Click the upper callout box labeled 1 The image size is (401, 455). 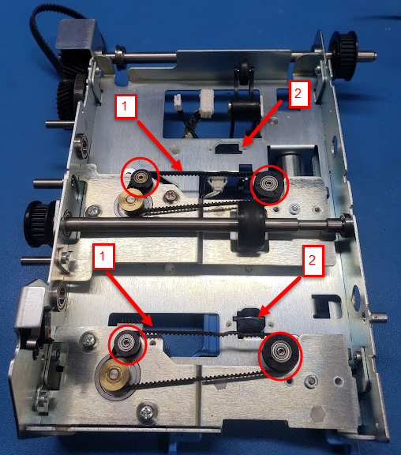[126, 107]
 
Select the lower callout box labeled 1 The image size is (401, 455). [103, 256]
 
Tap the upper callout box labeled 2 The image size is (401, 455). [299, 94]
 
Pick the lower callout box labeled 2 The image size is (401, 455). [313, 261]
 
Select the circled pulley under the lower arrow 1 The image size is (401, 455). [128, 344]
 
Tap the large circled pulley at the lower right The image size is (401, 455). [280, 355]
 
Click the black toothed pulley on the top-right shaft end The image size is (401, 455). [344, 53]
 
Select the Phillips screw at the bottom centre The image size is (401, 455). [147, 412]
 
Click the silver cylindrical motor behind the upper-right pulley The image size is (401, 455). [290, 165]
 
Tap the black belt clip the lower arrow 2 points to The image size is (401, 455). [251, 323]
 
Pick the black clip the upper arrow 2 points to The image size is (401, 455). [229, 149]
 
